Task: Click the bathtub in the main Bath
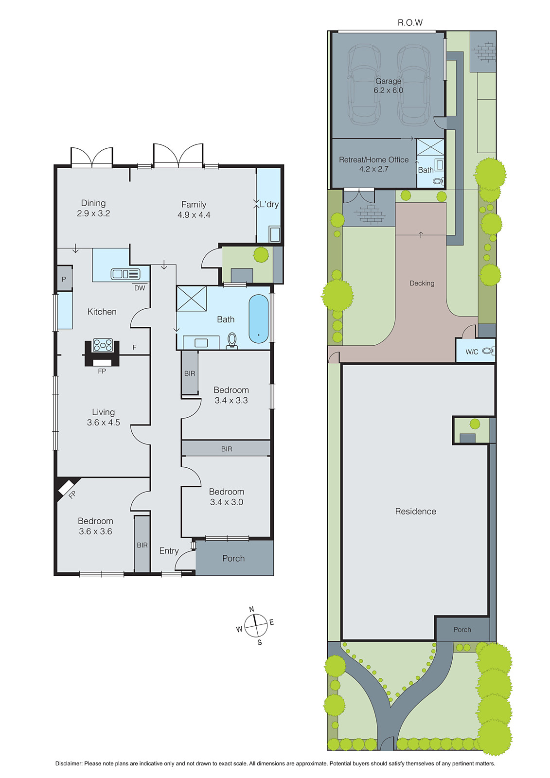(258, 318)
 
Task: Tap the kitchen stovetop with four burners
(103, 345)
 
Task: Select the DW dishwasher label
(140, 288)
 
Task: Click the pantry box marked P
(64, 279)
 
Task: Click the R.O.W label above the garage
(410, 22)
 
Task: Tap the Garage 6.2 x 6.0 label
(388, 86)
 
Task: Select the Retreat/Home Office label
(373, 164)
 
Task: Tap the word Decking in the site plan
(422, 283)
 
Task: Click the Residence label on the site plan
(415, 511)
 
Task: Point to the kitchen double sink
(125, 274)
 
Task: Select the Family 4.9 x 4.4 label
(194, 210)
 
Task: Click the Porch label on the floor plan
(233, 558)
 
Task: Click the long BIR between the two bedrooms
(226, 449)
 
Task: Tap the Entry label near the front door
(169, 550)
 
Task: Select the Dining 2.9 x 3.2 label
(93, 208)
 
